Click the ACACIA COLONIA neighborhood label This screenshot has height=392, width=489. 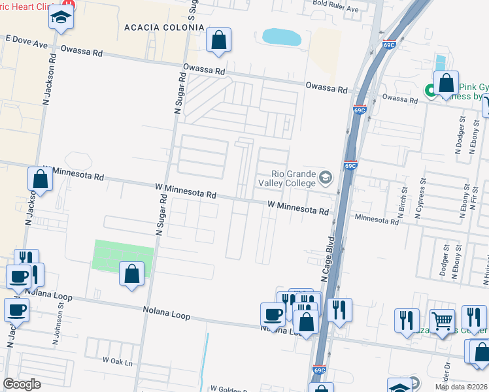(x=164, y=27)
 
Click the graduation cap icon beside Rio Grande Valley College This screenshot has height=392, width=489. (x=325, y=177)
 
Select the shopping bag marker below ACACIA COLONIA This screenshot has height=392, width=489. (x=218, y=40)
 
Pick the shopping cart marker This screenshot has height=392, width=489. (x=443, y=321)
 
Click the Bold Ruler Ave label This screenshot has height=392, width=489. (x=336, y=9)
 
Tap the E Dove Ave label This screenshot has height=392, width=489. (x=27, y=42)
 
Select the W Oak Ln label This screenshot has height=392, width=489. (x=117, y=361)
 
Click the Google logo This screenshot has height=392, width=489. (x=22, y=384)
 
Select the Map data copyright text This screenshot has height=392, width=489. (x=460, y=387)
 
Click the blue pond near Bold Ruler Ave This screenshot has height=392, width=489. (x=282, y=37)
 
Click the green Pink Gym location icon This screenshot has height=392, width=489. (x=431, y=91)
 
